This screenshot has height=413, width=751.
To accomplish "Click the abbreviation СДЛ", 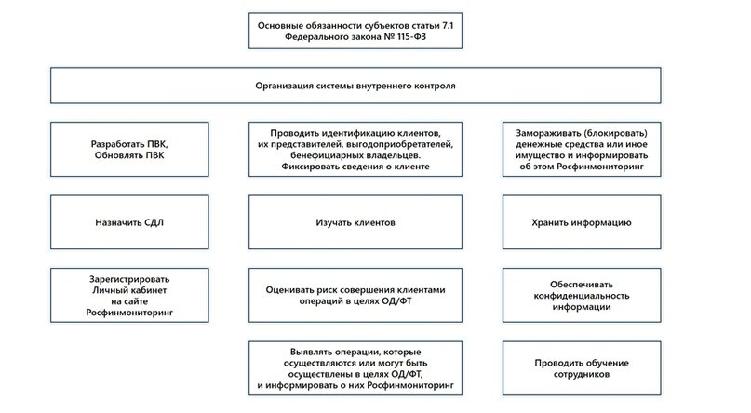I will [x=149, y=224].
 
